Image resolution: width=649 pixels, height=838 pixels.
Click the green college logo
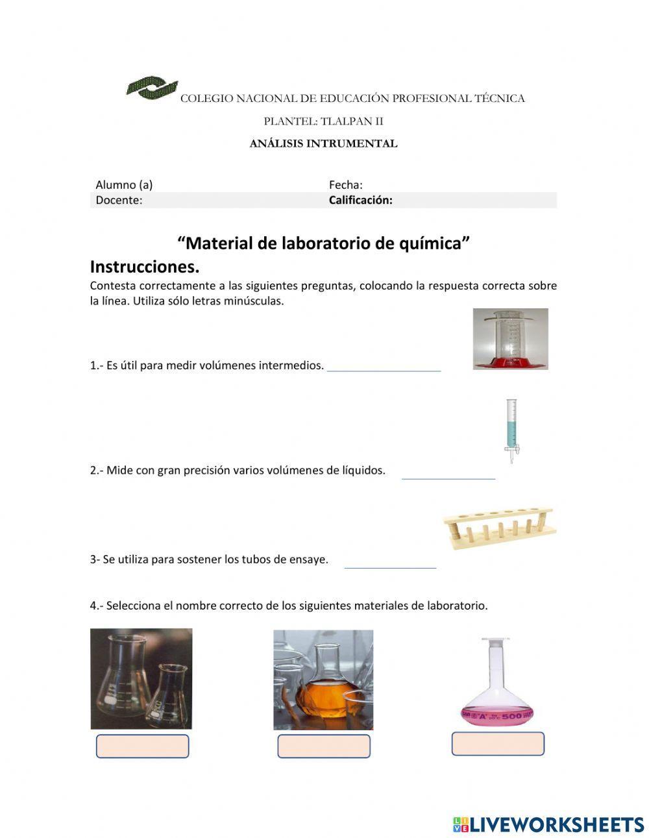tap(152, 88)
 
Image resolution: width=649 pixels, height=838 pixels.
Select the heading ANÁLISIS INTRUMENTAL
tap(323, 144)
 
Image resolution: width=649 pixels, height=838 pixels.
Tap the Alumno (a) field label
tap(124, 184)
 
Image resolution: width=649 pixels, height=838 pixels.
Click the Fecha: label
tap(345, 184)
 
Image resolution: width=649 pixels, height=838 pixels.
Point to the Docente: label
tap(119, 200)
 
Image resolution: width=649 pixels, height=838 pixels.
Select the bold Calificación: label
tap(360, 200)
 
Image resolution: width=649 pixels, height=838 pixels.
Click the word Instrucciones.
tap(144, 267)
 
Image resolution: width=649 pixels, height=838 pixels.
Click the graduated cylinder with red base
tap(510, 339)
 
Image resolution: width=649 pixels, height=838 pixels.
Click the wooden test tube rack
tap(500, 526)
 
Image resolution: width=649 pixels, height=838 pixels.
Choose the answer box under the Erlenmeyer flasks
tap(142, 746)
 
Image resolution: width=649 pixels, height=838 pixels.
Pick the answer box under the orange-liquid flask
tap(324, 746)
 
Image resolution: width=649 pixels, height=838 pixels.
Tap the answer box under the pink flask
tap(498, 744)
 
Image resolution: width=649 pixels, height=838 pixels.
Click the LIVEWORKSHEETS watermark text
tap(556, 824)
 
